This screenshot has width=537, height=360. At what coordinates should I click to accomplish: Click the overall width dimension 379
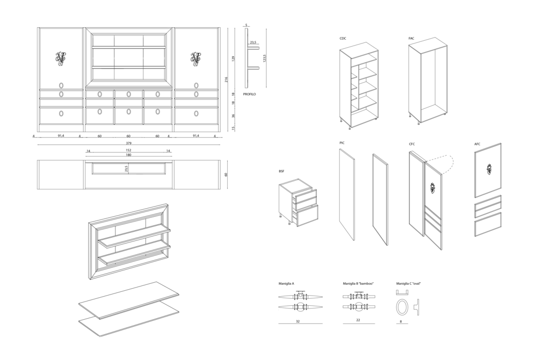click(128, 143)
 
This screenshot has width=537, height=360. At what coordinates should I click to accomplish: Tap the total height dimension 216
click(226, 80)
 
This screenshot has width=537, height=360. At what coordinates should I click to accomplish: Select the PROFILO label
click(249, 94)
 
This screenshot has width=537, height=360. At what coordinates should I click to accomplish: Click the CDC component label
click(343, 38)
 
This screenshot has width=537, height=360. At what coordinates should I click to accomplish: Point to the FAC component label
click(411, 38)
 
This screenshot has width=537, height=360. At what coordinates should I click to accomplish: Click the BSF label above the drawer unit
click(282, 172)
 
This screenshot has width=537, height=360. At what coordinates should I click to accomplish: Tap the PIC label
click(342, 143)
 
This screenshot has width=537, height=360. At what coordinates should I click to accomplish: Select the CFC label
click(412, 144)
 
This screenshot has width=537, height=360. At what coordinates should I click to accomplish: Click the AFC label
click(477, 144)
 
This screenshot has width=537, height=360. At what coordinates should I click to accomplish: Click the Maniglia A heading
click(286, 284)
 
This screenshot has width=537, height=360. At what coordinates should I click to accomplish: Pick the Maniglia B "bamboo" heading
click(358, 284)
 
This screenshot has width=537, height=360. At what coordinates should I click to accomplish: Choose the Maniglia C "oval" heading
click(409, 284)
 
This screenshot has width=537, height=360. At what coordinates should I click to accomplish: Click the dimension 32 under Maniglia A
click(298, 321)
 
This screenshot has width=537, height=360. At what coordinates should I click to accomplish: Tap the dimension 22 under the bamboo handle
click(358, 320)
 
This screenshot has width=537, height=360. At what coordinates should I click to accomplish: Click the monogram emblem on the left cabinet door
click(61, 58)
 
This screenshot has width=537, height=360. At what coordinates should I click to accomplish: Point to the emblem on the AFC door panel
click(488, 169)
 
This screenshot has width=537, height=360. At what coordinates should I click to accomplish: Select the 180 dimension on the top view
click(128, 155)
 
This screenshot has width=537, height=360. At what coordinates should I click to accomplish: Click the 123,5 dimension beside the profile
click(264, 58)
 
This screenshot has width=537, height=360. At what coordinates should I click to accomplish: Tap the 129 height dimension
click(234, 58)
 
